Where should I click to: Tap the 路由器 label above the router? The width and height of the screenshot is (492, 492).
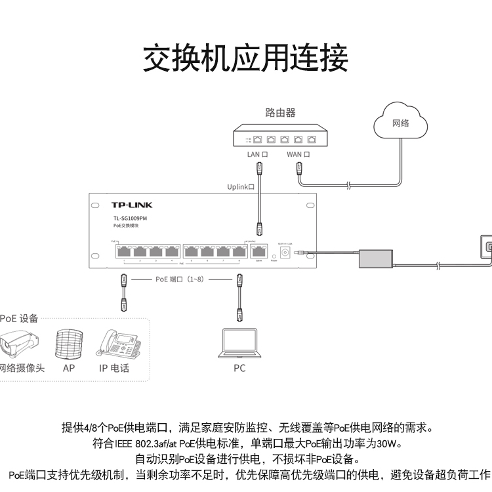pos(280,113)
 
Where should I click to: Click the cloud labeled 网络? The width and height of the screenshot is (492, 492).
pos(400,122)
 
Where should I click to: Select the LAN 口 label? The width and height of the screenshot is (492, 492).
pos(257,155)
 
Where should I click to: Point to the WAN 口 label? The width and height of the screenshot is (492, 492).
pos(298,155)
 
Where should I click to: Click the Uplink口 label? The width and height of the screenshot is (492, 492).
pos(241,187)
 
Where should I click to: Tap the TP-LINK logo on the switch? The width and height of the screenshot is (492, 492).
pos(131,205)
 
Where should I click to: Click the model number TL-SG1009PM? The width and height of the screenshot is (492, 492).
pos(129,218)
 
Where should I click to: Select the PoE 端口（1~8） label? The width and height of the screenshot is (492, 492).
pos(179,279)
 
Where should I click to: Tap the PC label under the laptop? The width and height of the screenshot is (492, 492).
pos(239,369)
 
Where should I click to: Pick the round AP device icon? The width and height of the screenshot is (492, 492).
pos(68,343)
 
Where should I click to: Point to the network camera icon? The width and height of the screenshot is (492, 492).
pos(20,343)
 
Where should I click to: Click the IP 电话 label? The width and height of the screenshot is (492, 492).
pos(114,368)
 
